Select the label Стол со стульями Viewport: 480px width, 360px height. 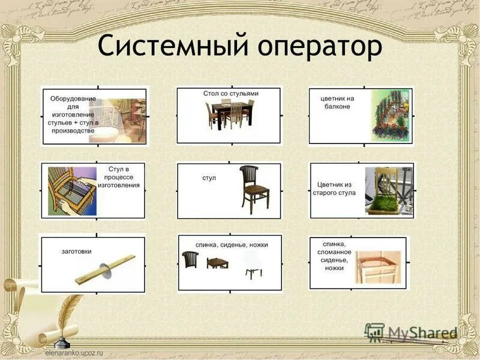coord(230,94)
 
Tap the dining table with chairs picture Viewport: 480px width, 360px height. coord(230,115)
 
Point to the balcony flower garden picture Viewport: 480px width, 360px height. coord(391,116)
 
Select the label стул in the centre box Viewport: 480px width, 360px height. coord(209,178)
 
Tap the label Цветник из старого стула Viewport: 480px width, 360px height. coord(334,188)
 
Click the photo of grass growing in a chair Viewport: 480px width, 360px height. coord(389,190)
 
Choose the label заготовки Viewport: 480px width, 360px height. coord(76,251)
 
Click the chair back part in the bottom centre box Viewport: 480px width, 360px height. coord(190,260)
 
